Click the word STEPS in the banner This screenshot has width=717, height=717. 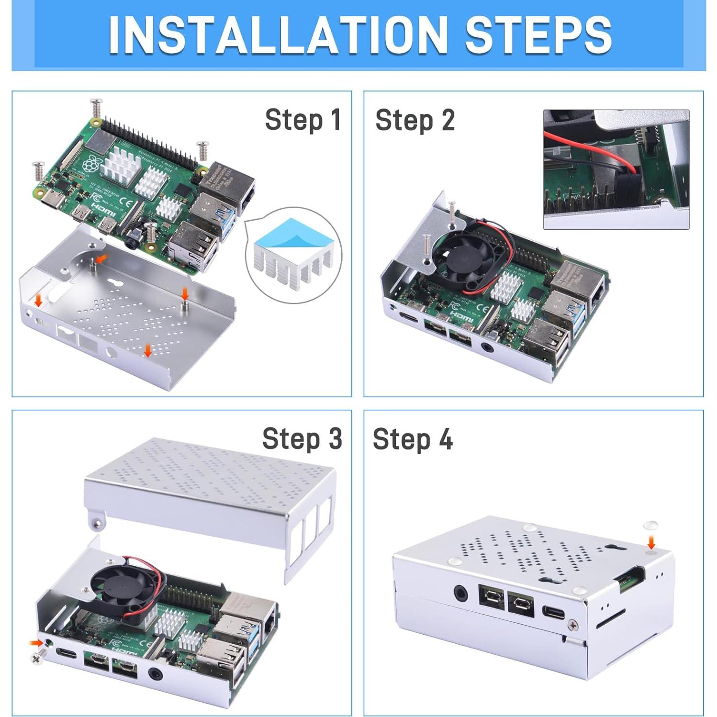click(x=538, y=34)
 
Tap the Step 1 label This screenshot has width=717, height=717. click(x=302, y=120)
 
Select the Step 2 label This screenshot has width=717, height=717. click(x=415, y=120)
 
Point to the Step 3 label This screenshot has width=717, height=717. click(x=302, y=438)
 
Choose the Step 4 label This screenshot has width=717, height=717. click(x=412, y=439)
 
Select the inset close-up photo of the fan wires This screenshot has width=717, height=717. click(x=616, y=169)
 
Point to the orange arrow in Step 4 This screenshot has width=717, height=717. click(x=651, y=542)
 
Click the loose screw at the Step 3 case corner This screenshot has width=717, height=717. click(x=38, y=658)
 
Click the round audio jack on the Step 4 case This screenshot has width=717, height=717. click(x=461, y=594)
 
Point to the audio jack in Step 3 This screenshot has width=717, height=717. click(x=156, y=675)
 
